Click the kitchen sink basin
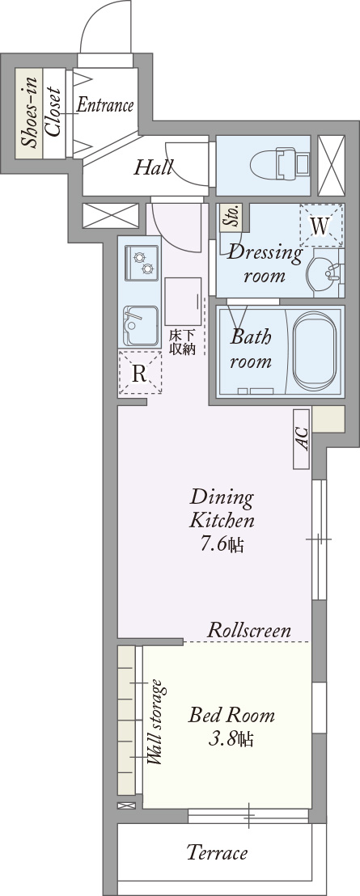(139, 325)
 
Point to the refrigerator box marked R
(139, 374)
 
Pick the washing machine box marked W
(321, 226)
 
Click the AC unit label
(302, 439)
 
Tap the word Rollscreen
(249, 630)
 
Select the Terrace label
(217, 852)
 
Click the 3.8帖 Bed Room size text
(232, 739)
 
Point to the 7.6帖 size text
(222, 544)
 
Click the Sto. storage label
(231, 216)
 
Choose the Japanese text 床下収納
(182, 341)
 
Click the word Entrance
(104, 105)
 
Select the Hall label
(153, 167)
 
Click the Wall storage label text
(155, 722)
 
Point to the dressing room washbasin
(328, 273)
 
